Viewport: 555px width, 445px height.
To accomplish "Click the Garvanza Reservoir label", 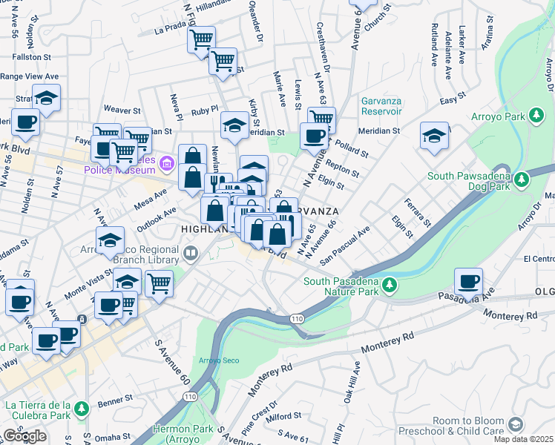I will [x=381, y=106].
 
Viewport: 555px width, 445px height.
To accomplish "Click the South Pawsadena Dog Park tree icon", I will [x=522, y=179].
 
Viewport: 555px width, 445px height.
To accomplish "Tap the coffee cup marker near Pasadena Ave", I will [x=468, y=282].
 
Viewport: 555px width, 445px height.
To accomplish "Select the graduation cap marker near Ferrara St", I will [x=434, y=136].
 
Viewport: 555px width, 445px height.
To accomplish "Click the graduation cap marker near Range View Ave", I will [x=46, y=98].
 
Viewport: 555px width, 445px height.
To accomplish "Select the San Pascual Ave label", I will [x=344, y=245].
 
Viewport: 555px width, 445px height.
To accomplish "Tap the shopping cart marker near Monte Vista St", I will [x=159, y=283].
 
